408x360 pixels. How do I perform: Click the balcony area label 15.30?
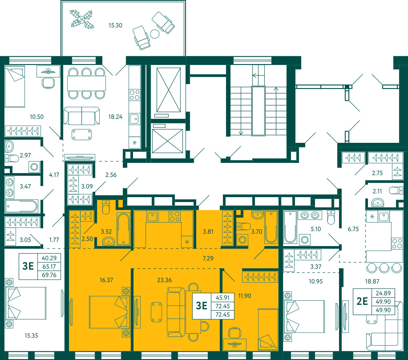115,25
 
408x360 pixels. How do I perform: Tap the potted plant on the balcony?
82,19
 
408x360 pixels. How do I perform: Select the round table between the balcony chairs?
155,34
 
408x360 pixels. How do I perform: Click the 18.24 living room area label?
115,117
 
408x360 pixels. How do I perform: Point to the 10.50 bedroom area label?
36,117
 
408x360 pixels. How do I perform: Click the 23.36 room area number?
164,280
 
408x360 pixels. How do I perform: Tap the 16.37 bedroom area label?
106,280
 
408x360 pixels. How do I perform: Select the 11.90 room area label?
244,296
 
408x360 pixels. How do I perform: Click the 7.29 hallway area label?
208,258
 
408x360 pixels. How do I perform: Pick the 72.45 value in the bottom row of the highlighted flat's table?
222,314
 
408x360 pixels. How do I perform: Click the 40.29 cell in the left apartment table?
49,258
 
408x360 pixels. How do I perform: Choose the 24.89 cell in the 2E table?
383,293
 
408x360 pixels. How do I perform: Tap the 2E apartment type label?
362,301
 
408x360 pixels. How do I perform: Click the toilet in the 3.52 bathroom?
106,207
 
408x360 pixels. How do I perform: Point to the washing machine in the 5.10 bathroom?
304,240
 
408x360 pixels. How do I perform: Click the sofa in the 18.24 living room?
82,116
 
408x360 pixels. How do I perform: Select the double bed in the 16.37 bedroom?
109,311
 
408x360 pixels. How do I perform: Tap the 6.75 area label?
353,229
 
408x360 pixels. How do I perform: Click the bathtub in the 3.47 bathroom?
22,207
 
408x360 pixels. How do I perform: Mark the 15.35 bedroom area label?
31,336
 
